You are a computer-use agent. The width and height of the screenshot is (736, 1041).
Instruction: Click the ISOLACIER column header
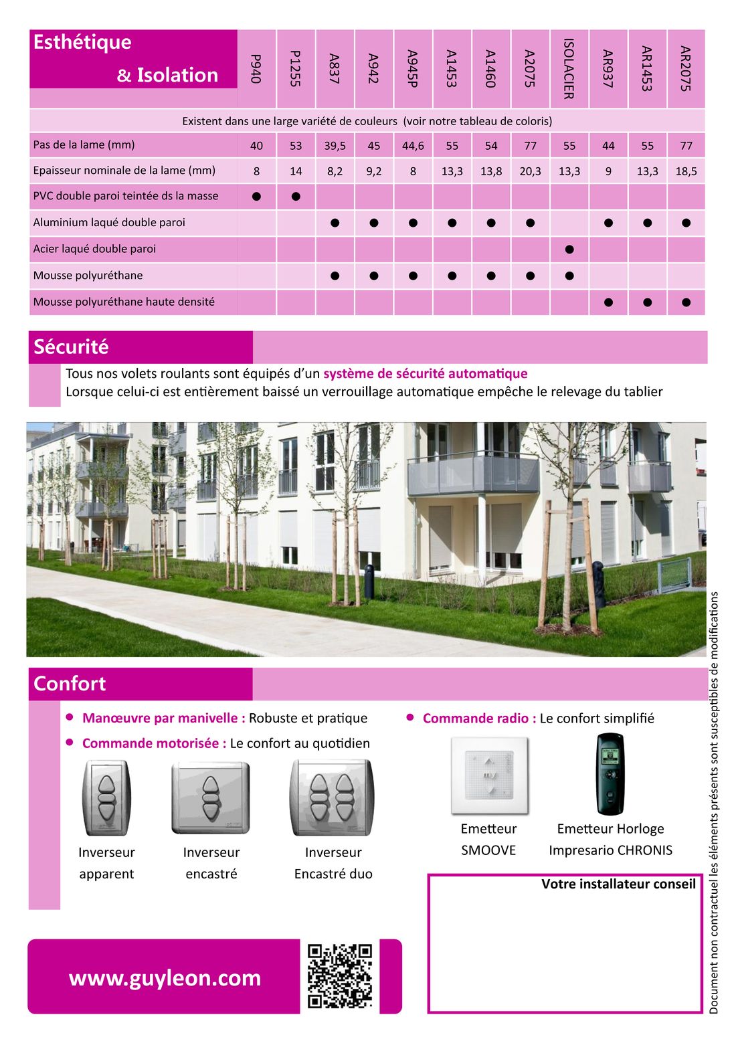[569, 68]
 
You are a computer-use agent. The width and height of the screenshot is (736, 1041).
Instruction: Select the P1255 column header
[296, 68]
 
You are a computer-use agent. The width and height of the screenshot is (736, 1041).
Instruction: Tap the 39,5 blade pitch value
[335, 146]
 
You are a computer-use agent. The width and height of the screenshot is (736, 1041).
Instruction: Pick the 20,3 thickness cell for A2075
[530, 171]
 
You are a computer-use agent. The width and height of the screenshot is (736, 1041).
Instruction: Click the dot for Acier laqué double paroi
[569, 250]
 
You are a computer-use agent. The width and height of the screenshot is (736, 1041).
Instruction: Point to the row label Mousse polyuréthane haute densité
[124, 302]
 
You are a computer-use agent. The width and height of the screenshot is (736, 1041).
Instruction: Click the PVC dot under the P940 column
[257, 197]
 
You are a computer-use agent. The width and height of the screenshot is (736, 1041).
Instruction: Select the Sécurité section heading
[71, 347]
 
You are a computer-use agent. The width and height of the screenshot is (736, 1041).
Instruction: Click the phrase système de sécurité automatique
[425, 373]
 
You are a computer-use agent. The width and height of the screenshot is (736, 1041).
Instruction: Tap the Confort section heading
[70, 683]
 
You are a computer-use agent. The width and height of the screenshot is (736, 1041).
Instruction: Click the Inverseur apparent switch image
[106, 797]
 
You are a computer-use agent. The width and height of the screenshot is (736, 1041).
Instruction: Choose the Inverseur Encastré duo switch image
[332, 797]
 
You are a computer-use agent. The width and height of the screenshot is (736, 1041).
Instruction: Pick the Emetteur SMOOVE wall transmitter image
[490, 776]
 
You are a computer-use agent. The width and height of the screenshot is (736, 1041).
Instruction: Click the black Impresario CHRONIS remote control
[610, 774]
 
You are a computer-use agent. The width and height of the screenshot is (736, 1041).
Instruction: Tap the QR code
[340, 976]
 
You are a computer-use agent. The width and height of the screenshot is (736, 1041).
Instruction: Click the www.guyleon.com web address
[165, 977]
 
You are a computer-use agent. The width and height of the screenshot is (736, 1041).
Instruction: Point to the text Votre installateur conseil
[618, 884]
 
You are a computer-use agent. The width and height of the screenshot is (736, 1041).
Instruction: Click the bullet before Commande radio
[410, 717]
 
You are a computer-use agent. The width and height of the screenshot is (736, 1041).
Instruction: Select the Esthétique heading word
[82, 42]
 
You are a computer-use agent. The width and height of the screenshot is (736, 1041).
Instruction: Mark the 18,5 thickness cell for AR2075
[686, 171]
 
